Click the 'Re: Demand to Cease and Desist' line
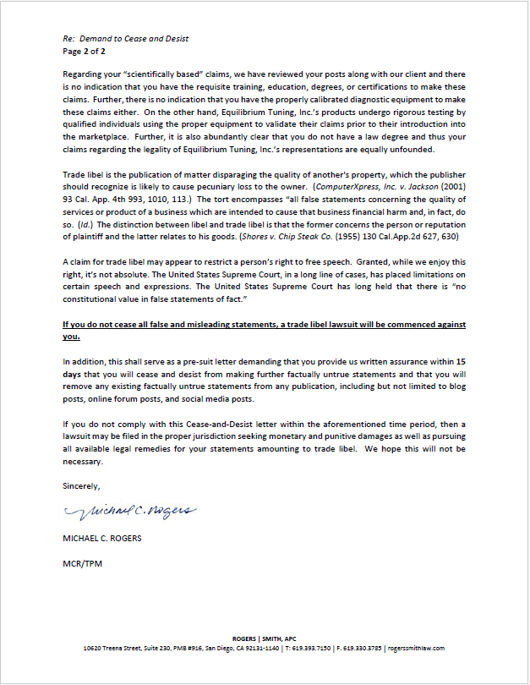tap(125, 39)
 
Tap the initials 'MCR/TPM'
tap(82, 562)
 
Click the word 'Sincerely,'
tap(81, 486)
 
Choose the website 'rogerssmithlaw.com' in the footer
tap(415, 648)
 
